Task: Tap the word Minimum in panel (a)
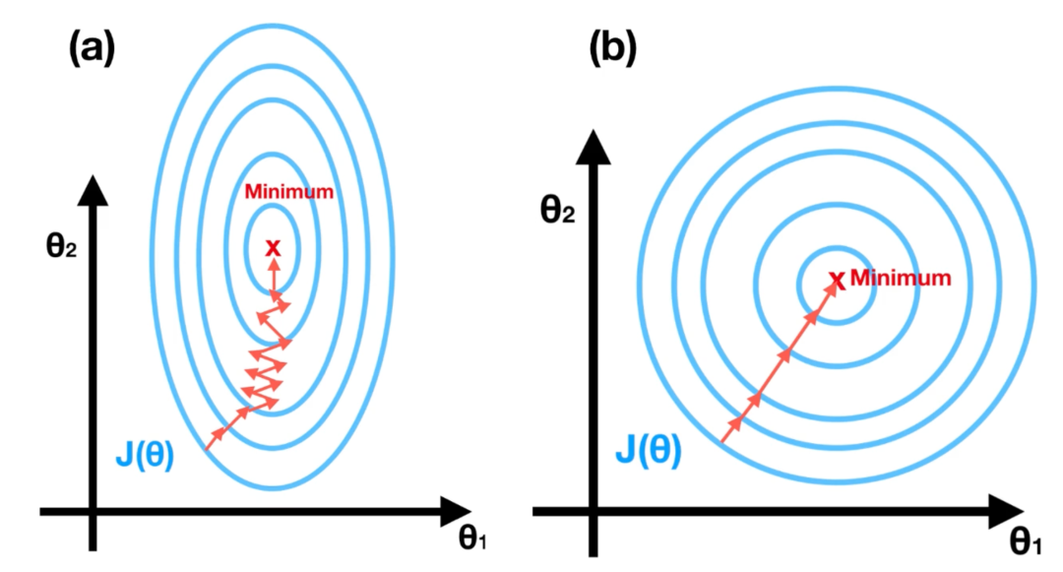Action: [x=288, y=191]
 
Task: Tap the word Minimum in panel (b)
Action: [x=901, y=279]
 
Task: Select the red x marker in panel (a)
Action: [x=274, y=246]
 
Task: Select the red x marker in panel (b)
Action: [x=837, y=282]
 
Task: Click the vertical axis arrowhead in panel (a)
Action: [x=92, y=187]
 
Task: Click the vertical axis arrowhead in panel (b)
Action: [x=593, y=148]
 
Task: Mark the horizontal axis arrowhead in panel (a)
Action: [x=460, y=511]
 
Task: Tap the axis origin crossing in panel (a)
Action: [x=92, y=511]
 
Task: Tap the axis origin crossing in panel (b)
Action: [x=593, y=512]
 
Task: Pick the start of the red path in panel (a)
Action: [x=207, y=449]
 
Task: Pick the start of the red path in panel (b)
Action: [x=723, y=442]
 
